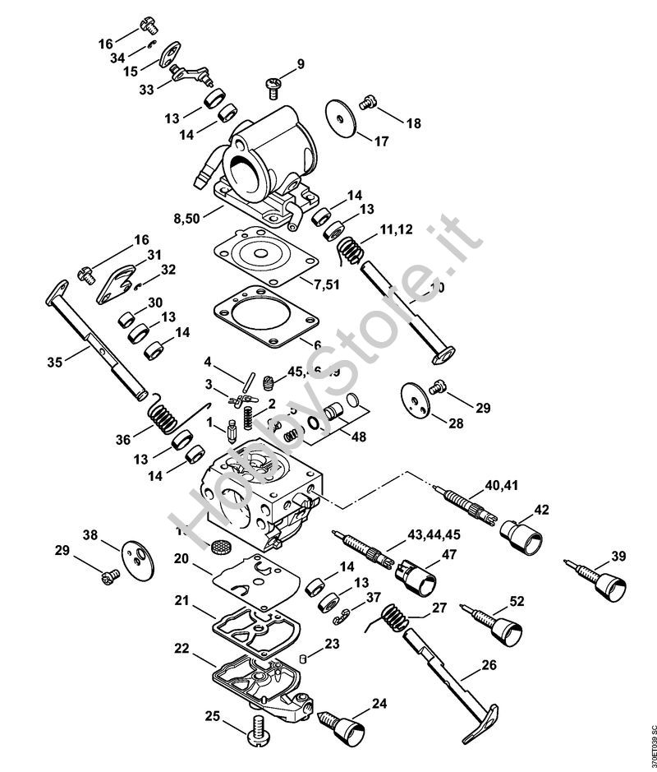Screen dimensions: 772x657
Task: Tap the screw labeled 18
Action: click(x=367, y=103)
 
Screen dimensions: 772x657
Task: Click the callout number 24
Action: click(x=379, y=703)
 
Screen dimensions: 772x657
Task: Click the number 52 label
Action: click(x=516, y=601)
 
